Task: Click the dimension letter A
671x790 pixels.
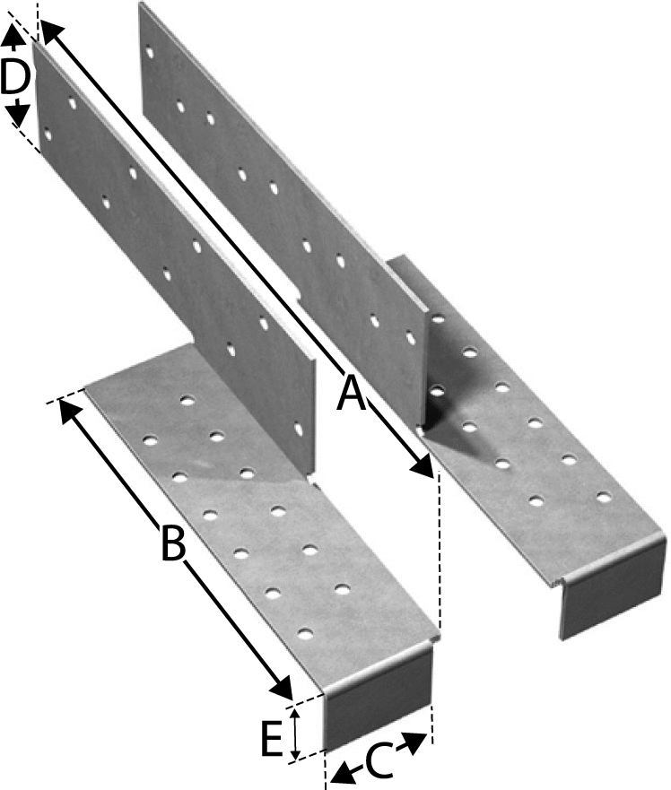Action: coord(353,393)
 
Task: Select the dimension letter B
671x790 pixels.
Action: coord(172,542)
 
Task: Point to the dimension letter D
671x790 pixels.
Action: coord(14,78)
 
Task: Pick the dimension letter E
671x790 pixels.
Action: coord(271,739)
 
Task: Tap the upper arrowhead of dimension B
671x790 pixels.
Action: coord(65,411)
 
